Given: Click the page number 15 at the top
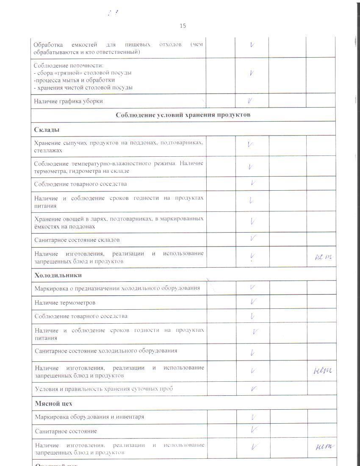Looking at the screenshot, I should [x=183, y=26].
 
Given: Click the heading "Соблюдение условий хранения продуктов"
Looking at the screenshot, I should [x=183, y=115].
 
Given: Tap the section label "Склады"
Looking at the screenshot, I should [x=47, y=129].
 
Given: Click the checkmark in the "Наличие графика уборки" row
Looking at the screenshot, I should [x=251, y=101].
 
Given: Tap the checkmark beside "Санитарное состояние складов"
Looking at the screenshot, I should [x=253, y=238].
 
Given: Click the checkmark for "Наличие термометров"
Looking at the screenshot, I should [x=253, y=302].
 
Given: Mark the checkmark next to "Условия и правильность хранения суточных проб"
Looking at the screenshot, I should [x=254, y=388].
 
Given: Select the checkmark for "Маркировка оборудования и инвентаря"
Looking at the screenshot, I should [x=253, y=417].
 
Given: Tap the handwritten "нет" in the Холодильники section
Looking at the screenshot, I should [x=322, y=371].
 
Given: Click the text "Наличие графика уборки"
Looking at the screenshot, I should [x=68, y=101].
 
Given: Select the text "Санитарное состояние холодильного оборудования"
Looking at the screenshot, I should [x=106, y=351].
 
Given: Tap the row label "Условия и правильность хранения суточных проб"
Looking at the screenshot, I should [x=104, y=389].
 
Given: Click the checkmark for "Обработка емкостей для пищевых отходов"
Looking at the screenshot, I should [x=252, y=44].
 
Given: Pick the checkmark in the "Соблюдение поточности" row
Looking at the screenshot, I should [x=252, y=73].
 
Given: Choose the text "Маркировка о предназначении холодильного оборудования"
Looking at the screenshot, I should [x=117, y=288].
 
